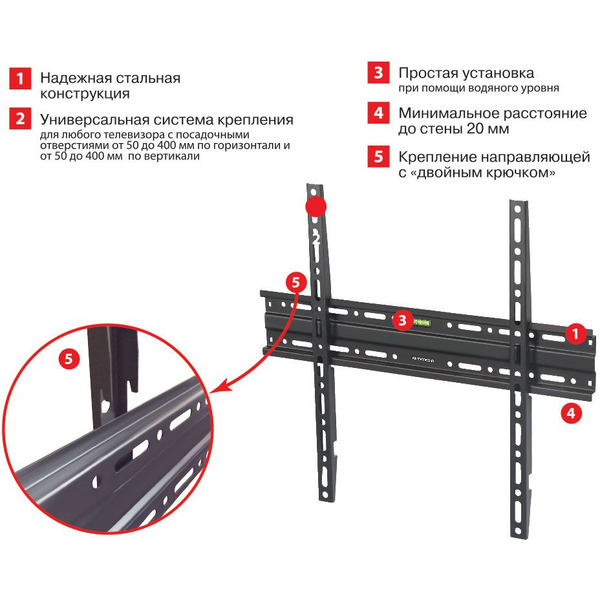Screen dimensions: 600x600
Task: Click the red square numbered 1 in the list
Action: [19, 78]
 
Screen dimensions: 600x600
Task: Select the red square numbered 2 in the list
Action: [19, 119]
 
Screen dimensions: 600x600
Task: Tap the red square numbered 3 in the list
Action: [378, 73]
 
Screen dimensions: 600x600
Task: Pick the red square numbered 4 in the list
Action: [378, 113]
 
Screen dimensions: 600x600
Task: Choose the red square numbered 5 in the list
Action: [378, 156]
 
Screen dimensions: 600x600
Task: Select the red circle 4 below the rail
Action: [567, 410]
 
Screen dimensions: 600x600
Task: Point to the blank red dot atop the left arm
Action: [315, 205]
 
